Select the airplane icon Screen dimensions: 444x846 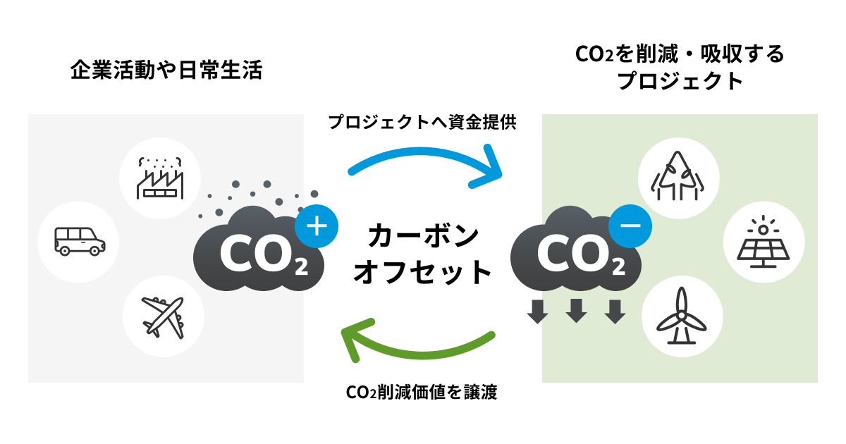tap(163, 316)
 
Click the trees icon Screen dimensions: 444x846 tap(678, 177)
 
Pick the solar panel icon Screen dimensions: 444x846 tap(764, 242)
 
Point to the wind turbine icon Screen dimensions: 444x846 tap(681, 315)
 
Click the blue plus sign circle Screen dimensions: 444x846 tap(317, 226)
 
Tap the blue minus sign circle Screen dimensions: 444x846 tap(630, 226)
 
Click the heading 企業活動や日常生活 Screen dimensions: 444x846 tap(166, 70)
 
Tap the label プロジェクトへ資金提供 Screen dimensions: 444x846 tap(423, 123)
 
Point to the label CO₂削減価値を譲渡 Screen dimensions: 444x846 tap(422, 393)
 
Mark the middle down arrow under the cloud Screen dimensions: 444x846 tap(577, 311)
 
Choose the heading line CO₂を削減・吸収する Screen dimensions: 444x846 tap(680, 54)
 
